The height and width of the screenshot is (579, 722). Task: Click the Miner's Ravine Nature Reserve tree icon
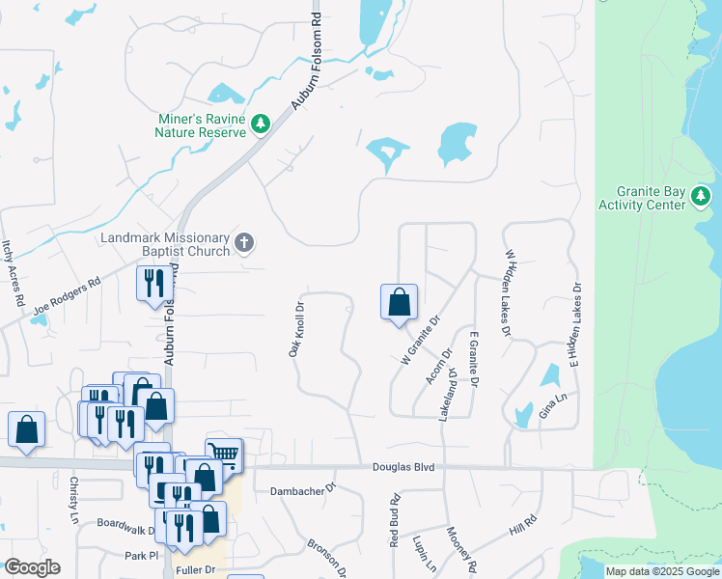point(260,124)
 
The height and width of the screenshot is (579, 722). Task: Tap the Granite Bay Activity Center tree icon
point(701,197)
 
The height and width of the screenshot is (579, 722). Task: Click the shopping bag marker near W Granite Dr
point(399,303)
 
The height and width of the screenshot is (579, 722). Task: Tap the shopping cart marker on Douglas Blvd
point(224,453)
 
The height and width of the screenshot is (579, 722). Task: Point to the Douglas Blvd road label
point(403,467)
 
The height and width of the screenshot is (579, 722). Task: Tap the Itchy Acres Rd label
point(13,273)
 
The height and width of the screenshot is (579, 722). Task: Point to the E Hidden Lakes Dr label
point(575,325)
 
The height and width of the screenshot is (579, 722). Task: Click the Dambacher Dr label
point(301,489)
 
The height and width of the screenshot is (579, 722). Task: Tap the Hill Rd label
point(522,526)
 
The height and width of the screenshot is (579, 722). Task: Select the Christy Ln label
point(73,499)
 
